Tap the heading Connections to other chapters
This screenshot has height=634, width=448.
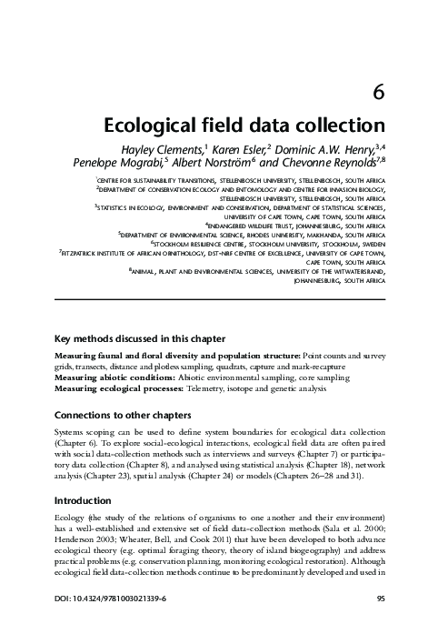[128, 415]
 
